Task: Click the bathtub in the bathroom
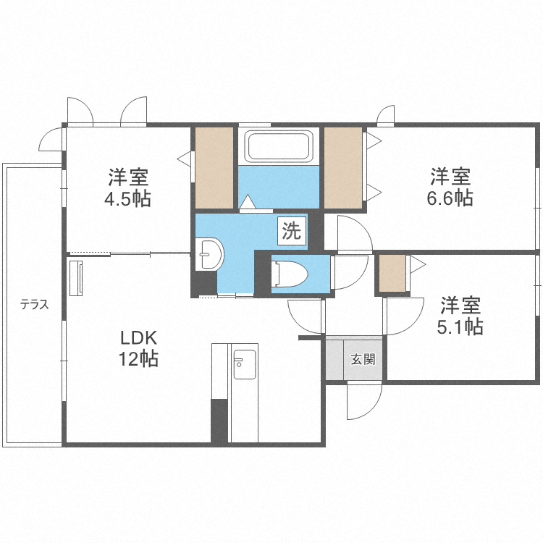click(x=279, y=147)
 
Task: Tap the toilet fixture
click(x=289, y=274)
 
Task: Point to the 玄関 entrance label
click(x=363, y=359)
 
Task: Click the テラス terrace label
click(x=34, y=304)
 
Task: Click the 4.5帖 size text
click(x=130, y=198)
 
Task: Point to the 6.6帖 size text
click(x=451, y=197)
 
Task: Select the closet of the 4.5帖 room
click(x=214, y=168)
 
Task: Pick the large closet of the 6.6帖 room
click(x=342, y=168)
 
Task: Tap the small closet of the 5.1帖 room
click(x=393, y=273)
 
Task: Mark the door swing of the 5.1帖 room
click(x=404, y=316)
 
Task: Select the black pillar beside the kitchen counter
click(x=219, y=420)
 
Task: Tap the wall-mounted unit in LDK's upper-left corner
click(x=76, y=279)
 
